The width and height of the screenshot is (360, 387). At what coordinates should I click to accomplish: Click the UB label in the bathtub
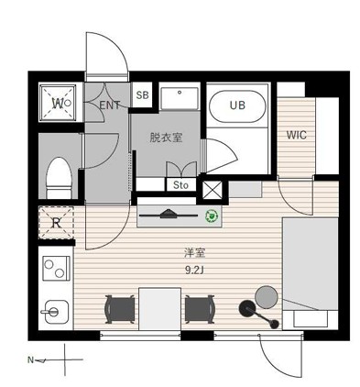[x=237, y=105]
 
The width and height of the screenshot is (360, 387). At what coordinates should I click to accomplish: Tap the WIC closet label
[x=296, y=135]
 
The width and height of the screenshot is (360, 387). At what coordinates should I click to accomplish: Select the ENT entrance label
[x=110, y=105]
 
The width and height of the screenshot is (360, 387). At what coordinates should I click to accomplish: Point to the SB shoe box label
[x=142, y=95]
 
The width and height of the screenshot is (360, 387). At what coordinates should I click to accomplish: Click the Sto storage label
[x=180, y=185]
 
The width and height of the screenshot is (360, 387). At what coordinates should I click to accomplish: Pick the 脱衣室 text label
[x=166, y=138]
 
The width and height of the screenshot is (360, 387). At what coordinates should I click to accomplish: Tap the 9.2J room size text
[x=194, y=270]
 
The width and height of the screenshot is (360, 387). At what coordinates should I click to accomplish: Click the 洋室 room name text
[x=194, y=253]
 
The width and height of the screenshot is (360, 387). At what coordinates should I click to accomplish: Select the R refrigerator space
[x=56, y=223]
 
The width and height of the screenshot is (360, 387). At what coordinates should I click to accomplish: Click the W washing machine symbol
[x=58, y=103]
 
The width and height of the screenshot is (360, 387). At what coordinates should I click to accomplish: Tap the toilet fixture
[x=59, y=178]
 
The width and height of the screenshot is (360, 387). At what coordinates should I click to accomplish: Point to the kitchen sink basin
[x=57, y=312]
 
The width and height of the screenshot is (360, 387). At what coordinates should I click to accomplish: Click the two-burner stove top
[x=56, y=268]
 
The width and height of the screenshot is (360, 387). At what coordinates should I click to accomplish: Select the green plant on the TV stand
[x=212, y=216]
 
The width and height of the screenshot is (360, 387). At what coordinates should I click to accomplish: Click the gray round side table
[x=267, y=297]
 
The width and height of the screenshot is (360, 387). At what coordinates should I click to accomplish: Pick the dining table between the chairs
[x=159, y=309]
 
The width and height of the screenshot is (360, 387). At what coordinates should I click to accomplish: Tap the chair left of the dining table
[x=120, y=309]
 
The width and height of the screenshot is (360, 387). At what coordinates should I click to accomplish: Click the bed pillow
[x=311, y=318]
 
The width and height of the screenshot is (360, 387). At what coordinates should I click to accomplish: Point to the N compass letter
[x=30, y=360]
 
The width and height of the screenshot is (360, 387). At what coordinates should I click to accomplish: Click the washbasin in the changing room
[x=180, y=98]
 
